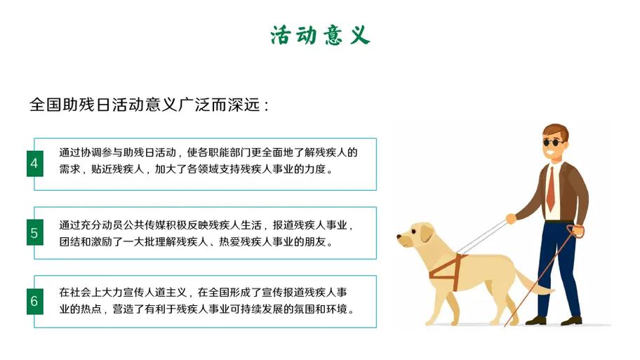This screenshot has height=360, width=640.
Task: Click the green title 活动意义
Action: [321, 35]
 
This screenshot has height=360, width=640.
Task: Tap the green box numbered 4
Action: [34, 164]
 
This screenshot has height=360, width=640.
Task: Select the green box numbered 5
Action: [34, 232]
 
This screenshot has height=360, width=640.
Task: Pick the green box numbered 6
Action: [34, 301]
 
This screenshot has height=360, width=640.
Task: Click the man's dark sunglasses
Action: [554, 142]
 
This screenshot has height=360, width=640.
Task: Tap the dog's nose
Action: [399, 236]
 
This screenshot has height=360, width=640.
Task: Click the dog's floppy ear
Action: [426, 233]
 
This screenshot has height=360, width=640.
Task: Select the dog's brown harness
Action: [448, 268]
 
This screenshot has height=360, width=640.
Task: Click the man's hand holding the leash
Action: [511, 219]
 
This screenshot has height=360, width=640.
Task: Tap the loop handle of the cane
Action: [576, 231]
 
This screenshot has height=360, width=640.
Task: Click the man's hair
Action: [556, 131]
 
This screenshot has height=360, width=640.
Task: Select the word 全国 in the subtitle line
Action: [46, 105]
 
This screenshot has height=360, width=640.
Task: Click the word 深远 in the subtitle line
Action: [244, 105]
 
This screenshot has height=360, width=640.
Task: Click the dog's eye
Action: [413, 232]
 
